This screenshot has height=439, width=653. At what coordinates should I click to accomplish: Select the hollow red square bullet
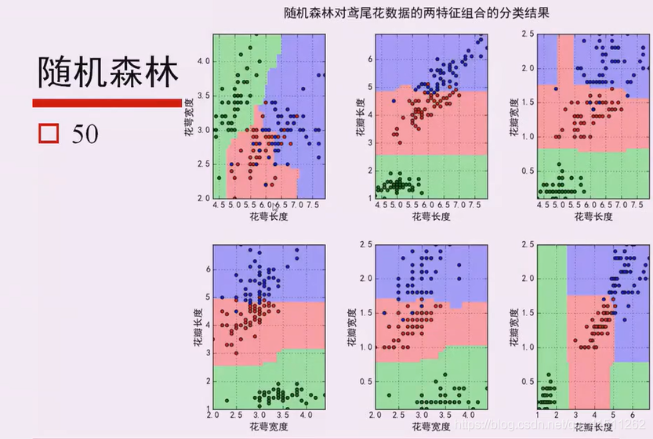click(49, 133)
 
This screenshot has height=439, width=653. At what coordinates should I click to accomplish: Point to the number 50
click(85, 134)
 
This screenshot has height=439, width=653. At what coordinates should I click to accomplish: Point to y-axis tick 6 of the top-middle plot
click(368, 59)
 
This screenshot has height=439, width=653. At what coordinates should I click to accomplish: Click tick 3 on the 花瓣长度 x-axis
click(575, 413)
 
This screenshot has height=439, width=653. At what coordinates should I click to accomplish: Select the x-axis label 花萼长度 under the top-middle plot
click(429, 217)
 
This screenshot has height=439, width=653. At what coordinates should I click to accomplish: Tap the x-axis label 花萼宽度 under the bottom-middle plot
click(429, 426)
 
